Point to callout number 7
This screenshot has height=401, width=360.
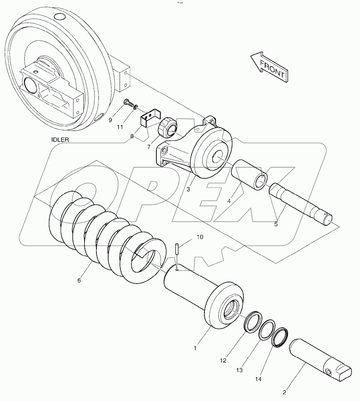pos(149,147)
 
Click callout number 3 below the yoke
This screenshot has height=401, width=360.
pos(188,189)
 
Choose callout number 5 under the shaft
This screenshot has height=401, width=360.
pos(275,224)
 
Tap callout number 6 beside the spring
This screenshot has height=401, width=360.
pos(79,280)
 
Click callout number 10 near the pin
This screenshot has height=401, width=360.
pos(200,237)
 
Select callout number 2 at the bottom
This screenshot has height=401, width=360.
pos(284,393)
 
